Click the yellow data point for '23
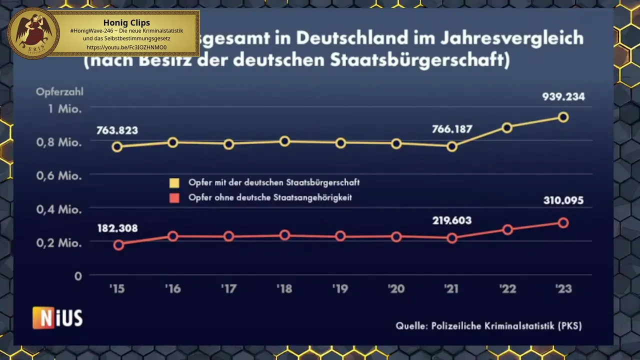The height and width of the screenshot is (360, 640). point(563,117)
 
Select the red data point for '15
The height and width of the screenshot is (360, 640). point(118,244)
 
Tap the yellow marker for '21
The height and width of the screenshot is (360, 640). point(452,146)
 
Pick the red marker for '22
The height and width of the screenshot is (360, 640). point(507,230)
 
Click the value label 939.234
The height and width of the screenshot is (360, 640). point(563,97)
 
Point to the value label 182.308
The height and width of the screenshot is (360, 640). point(117,228)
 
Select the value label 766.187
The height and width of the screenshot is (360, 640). point(452,129)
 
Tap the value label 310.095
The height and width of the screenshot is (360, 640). point(563,200)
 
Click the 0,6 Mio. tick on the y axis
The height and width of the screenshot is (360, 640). point(58,176)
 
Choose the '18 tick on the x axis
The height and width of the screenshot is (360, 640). point(284,289)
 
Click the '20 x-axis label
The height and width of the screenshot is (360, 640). point(395,289)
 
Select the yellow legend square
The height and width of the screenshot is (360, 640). point(174,182)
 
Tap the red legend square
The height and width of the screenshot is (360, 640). point(174,198)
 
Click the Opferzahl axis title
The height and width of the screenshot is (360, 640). point(59,91)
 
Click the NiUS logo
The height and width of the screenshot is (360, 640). point(57,318)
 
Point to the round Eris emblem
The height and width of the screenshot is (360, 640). point(33,33)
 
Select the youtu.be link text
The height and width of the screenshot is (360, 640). point(126,47)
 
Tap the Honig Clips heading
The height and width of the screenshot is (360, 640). point(126,22)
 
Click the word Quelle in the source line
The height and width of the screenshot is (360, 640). point(410,326)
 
